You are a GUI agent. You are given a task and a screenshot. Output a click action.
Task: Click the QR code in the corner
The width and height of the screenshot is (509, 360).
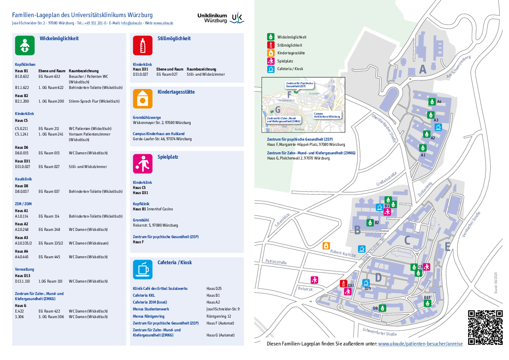(485, 327)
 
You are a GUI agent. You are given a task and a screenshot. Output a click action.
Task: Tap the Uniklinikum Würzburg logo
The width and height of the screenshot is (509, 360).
(221, 18)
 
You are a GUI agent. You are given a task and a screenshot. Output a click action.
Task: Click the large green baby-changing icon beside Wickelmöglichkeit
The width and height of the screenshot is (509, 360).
(25, 46)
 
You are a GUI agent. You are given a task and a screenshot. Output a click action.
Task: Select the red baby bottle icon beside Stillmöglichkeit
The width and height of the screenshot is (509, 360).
(143, 46)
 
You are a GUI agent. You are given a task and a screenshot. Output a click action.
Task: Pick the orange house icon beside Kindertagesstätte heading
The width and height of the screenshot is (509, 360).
(143, 98)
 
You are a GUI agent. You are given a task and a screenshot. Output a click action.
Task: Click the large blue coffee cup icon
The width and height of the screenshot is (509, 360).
(143, 269)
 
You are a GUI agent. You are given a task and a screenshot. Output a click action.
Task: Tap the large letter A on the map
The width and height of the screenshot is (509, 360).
(423, 69)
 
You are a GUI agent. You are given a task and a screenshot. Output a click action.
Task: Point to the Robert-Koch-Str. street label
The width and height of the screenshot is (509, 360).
(343, 253)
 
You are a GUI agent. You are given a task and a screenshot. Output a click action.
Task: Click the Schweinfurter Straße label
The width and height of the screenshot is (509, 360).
(380, 332)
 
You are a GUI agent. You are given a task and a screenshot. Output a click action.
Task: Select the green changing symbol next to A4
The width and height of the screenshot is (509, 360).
(432, 102)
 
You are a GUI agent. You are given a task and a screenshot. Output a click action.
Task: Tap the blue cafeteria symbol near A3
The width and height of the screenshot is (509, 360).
(438, 127)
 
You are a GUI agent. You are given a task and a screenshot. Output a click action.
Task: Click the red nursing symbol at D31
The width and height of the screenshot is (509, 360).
(343, 283)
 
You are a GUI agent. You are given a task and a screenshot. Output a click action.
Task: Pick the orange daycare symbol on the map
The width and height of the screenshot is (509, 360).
(326, 245)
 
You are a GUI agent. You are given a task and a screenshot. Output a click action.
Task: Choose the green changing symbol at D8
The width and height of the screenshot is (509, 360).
(383, 308)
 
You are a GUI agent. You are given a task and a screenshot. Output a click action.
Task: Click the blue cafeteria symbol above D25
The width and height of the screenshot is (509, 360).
(366, 282)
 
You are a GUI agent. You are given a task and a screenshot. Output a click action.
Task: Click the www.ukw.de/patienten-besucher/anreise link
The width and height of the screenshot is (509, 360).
(420, 344)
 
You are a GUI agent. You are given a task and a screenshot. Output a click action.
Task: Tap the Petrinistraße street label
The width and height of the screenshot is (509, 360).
(276, 262)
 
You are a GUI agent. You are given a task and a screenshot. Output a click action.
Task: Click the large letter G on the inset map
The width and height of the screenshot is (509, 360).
(278, 109)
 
